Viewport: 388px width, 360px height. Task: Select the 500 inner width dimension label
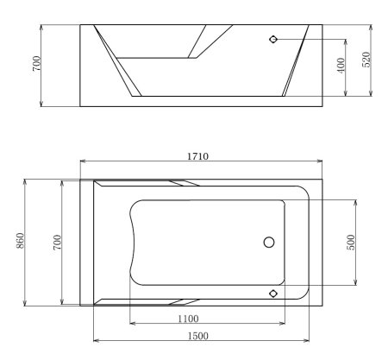350,242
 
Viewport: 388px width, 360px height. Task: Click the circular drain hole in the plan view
269,243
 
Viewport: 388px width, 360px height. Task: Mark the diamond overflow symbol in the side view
273,40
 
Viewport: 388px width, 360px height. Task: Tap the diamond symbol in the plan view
273,293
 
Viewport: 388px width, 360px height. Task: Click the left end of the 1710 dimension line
80,162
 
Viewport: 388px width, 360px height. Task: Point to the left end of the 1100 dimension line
129,325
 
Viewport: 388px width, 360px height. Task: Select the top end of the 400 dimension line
347,40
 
